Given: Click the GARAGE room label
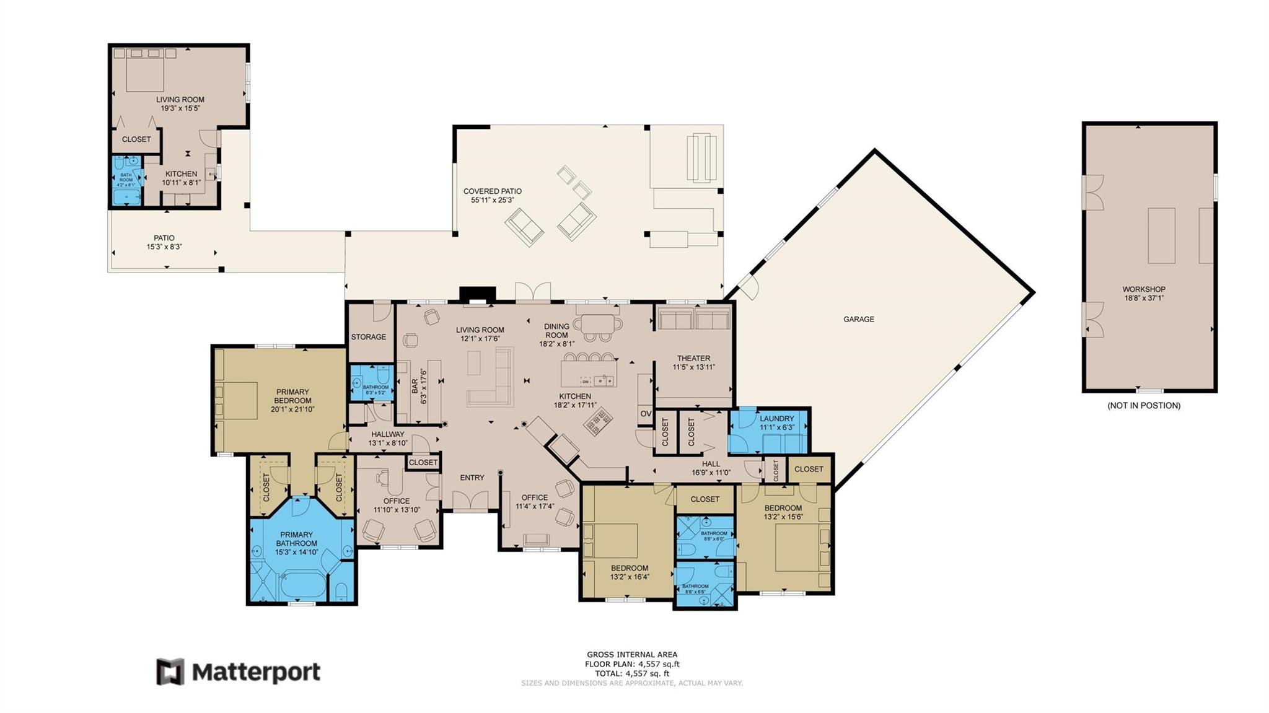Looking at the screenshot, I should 858,319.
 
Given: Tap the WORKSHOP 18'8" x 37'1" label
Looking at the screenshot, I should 1144,294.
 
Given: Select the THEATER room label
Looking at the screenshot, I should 693,362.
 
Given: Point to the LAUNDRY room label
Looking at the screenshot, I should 776,422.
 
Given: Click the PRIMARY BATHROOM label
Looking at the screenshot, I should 296,539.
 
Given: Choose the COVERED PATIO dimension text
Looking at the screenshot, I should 493,200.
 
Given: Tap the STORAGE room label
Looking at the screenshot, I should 368,337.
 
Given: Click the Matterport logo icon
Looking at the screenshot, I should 170,671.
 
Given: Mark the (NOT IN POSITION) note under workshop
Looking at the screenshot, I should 1144,406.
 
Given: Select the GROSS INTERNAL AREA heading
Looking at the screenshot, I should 632,654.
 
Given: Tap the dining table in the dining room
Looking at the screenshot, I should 598,323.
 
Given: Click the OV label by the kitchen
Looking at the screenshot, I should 646,414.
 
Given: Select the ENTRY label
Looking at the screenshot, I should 472,478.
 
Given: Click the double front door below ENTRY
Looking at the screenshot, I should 470,501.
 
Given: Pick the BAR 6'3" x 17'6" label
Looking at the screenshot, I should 419,387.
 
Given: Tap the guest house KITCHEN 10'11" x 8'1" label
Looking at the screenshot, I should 181,178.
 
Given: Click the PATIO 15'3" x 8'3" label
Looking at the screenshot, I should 164,242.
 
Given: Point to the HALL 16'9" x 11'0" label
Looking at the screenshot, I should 711,468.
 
